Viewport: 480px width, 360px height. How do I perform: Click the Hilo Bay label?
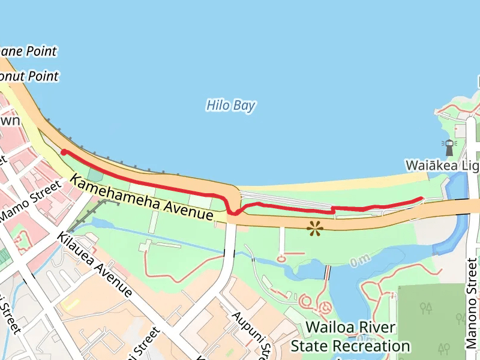(231, 106)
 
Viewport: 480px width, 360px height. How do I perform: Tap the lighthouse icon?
(448, 144)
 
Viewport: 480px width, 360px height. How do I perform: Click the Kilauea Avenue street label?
(95, 264)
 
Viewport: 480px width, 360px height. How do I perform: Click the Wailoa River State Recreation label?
(350, 337)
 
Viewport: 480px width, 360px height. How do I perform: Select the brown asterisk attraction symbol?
(314, 227)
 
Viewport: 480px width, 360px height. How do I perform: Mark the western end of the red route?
(64, 152)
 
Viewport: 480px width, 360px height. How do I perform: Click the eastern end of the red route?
(422, 199)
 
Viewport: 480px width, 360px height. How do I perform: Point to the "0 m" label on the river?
(359, 261)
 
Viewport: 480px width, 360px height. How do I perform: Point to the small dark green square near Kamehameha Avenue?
(95, 175)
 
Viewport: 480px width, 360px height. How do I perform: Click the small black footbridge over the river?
(327, 272)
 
